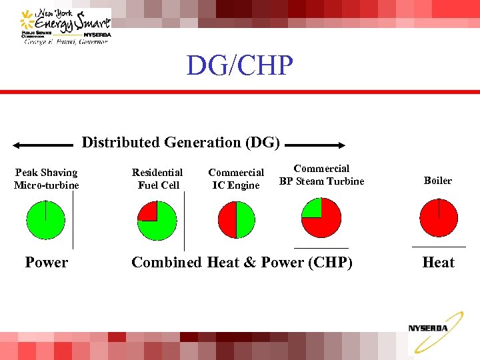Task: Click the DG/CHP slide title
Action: [x=239, y=65]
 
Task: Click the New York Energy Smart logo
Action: [x=66, y=27]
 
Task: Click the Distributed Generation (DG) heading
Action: [x=181, y=143]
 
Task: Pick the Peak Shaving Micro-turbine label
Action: [x=46, y=179]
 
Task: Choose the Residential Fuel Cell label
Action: [x=157, y=179]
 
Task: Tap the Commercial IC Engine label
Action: [x=236, y=179]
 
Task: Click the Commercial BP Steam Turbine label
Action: [x=321, y=175]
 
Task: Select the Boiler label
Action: [x=438, y=181]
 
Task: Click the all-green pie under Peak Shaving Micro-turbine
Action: [x=45, y=219]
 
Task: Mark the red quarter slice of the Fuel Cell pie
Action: [x=148, y=211]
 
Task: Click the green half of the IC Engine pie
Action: [x=245, y=219]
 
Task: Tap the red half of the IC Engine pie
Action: [x=227, y=219]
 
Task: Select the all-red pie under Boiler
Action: [x=439, y=218]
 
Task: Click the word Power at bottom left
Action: [x=46, y=263]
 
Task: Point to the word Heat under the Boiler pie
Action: [x=438, y=263]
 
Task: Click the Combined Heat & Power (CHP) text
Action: [x=241, y=263]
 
